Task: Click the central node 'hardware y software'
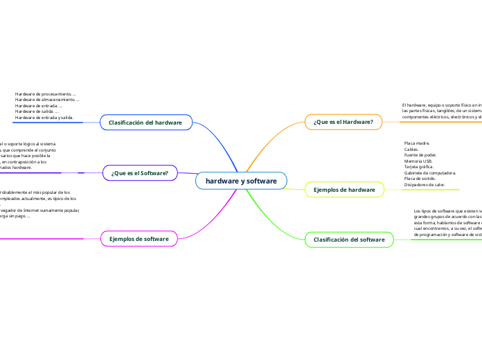(241, 181)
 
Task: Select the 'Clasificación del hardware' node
(145, 123)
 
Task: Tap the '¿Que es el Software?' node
(139, 172)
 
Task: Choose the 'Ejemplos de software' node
(139, 239)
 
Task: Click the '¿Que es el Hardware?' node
(343, 123)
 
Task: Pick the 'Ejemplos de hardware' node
(344, 189)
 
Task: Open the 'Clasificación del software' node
(349, 239)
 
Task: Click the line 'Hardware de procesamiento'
(45, 93)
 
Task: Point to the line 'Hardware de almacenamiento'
(46, 100)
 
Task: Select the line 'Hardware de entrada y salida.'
(44, 118)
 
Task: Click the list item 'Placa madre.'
(417, 143)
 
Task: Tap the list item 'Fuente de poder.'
(420, 154)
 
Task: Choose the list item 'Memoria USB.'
(418, 161)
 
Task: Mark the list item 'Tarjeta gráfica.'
(420, 167)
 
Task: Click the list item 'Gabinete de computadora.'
(429, 173)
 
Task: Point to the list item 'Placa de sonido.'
(420, 179)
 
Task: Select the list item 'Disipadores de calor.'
(425, 185)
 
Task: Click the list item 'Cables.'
(411, 149)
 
